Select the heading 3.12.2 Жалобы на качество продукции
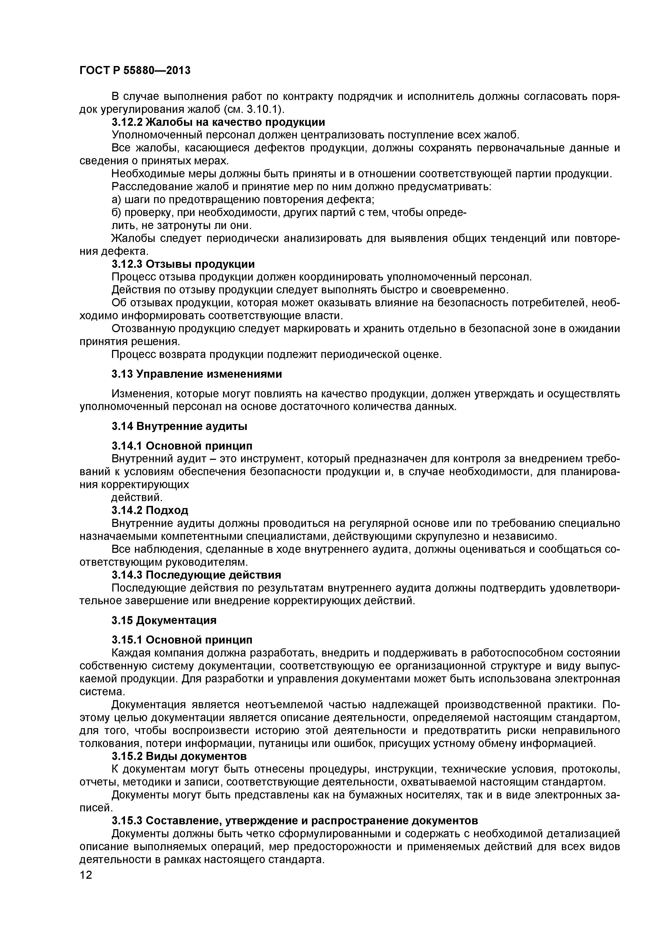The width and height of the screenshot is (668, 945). coord(218,122)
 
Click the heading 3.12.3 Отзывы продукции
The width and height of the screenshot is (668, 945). coord(183,264)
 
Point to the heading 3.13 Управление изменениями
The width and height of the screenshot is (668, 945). coord(197,374)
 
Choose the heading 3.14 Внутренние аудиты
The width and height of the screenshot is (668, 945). coord(179,426)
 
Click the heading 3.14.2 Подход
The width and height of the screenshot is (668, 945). coord(150,510)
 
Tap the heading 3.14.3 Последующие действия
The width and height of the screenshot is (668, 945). coord(196,575)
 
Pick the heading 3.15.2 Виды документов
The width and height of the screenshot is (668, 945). coord(179,756)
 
